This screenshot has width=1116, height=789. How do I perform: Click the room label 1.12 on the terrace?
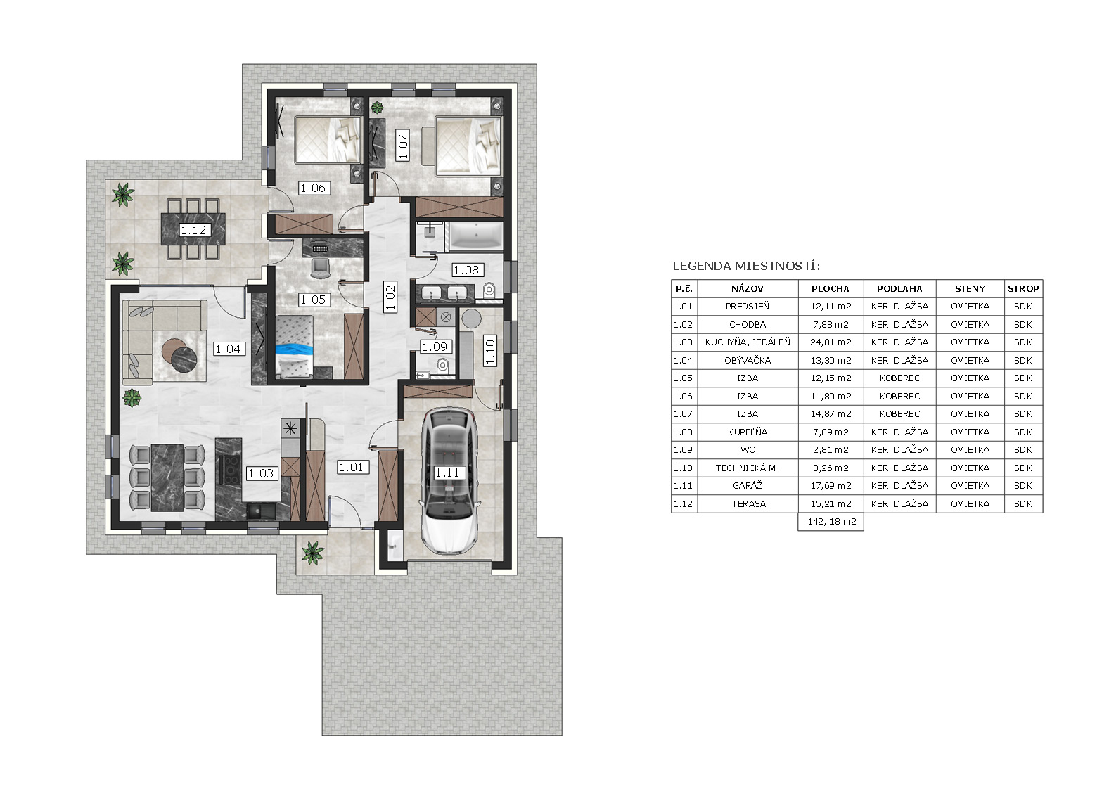[x=193, y=230]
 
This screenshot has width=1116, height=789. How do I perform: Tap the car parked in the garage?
[x=449, y=481]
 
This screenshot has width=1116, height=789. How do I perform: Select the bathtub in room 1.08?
[x=476, y=236]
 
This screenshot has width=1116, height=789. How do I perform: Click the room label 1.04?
[x=228, y=349]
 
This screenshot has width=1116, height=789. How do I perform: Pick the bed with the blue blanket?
[x=294, y=346]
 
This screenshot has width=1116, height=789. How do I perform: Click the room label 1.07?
[x=402, y=144]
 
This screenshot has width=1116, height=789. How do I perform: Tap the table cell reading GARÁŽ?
[x=748, y=486]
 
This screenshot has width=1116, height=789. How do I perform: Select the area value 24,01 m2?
[x=830, y=342]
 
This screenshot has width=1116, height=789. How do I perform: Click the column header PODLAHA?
[x=899, y=288]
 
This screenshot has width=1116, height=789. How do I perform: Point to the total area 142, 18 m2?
[x=830, y=522]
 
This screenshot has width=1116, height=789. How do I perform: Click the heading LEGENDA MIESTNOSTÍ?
[x=746, y=266]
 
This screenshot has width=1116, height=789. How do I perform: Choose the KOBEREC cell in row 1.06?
[x=899, y=396]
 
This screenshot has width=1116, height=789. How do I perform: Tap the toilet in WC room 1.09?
[x=442, y=366]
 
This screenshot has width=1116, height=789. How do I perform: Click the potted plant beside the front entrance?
[x=312, y=553]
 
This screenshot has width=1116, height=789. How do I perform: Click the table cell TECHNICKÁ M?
[x=748, y=468]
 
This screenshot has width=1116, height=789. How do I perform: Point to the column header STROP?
[x=1023, y=288]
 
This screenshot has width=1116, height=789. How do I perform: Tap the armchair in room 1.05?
[x=320, y=267]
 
